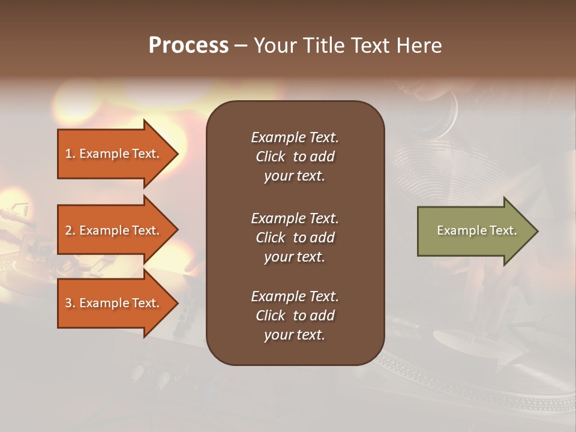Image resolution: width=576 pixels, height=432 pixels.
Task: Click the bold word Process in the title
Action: click(x=188, y=46)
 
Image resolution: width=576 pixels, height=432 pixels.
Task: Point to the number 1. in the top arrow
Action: click(x=70, y=154)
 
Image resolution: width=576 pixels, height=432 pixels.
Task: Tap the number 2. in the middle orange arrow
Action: click(x=70, y=230)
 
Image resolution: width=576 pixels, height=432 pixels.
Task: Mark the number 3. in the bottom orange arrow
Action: click(x=70, y=303)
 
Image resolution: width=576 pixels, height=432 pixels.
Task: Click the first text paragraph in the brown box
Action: click(x=295, y=157)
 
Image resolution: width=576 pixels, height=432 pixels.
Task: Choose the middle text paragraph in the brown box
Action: click(x=295, y=238)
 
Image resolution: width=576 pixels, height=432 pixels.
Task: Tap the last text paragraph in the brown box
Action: click(x=295, y=316)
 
